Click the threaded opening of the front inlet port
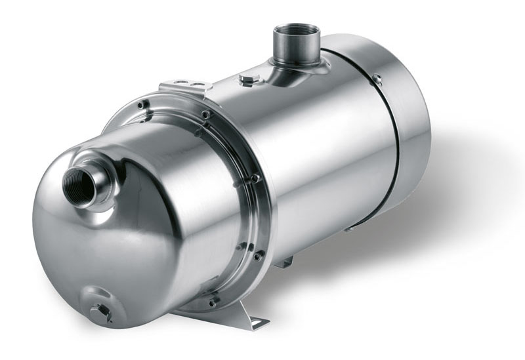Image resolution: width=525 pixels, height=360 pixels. (78, 186)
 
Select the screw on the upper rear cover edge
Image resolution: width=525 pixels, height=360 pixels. (377, 79)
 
